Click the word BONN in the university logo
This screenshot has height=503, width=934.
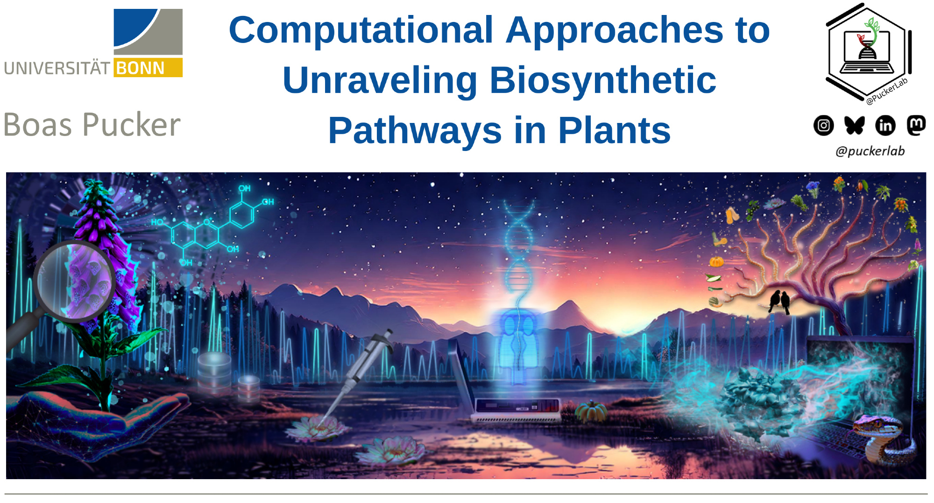point(140,68)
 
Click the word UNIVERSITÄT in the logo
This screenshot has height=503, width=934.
point(57,68)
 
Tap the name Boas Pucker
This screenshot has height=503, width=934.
point(92,125)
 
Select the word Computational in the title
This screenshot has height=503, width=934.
point(361,30)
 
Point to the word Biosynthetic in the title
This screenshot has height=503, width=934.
point(603,80)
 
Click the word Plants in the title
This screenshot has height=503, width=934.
point(615,130)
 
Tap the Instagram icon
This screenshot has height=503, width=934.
point(824,125)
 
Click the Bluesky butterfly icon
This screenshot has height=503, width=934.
point(854,125)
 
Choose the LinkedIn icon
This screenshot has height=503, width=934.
point(885,125)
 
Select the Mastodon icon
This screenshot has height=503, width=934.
point(916,125)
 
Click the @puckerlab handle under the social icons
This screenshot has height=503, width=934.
point(870,151)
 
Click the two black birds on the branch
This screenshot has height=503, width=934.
point(779,302)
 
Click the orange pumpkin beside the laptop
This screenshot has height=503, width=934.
point(591,411)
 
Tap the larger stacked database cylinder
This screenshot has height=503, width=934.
point(214,372)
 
